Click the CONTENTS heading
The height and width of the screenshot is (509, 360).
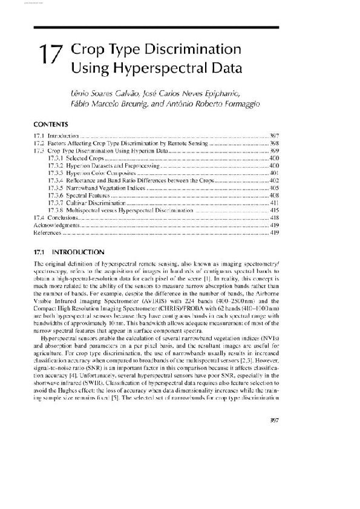pos(50,124)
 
